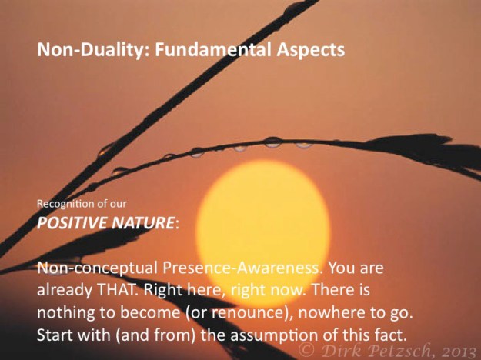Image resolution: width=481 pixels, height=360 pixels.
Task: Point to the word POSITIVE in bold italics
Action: pyautogui.click(x=70, y=223)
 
